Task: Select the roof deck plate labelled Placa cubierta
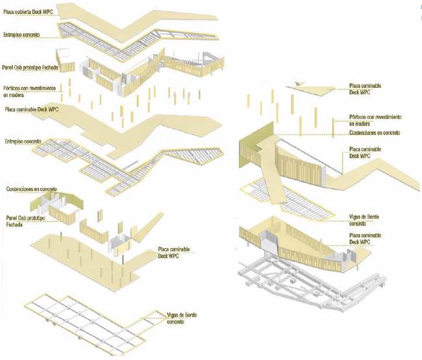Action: pyautogui.click(x=123, y=16)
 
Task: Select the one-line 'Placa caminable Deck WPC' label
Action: pyautogui.click(x=31, y=110)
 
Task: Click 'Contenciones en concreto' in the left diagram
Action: pyautogui.click(x=30, y=188)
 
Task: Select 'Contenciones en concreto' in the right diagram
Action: pyautogui.click(x=375, y=133)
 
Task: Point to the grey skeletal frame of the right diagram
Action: pyautogui.click(x=305, y=283)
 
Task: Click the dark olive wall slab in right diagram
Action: pyautogui.click(x=250, y=146)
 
